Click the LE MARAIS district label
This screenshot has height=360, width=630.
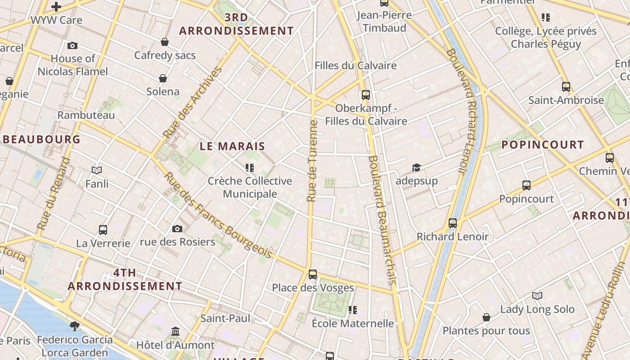(232, 146)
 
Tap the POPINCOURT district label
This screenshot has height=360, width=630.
(542, 144)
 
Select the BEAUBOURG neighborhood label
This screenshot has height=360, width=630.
(41, 139)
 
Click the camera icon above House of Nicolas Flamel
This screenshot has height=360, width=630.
(72, 45)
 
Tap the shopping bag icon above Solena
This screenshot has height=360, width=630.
(163, 79)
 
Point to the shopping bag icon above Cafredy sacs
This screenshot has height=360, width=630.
(165, 42)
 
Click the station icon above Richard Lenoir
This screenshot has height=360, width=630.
(453, 223)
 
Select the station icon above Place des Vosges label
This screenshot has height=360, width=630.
(313, 274)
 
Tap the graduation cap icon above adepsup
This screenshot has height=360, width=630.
(417, 168)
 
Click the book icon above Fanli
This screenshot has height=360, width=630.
(97, 170)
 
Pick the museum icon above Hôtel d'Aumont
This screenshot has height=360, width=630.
(175, 332)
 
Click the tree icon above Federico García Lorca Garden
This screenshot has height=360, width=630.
(75, 325)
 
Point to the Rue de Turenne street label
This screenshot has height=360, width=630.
(312, 161)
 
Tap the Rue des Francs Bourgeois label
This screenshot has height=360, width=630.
(218, 216)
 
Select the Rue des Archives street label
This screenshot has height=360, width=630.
(192, 103)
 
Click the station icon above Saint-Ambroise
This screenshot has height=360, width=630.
(566, 86)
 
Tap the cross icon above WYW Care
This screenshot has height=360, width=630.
(56, 7)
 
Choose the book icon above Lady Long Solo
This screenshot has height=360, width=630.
(537, 296)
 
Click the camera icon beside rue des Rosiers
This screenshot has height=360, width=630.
(177, 229)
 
